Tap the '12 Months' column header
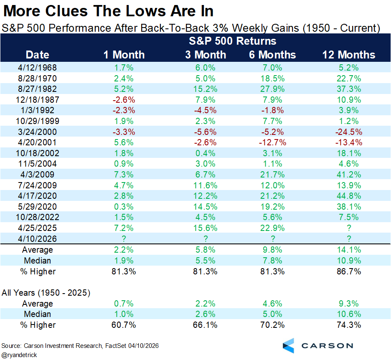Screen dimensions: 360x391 tap(348, 55)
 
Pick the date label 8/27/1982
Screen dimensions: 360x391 tap(38, 89)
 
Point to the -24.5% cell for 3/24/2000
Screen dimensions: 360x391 tap(348, 132)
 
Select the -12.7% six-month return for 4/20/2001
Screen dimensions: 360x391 tap(273, 142)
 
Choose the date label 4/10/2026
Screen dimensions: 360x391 tap(38, 239)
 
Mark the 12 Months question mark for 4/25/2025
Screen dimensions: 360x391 tap(348, 228)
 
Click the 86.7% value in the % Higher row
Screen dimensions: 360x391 tap(348, 271)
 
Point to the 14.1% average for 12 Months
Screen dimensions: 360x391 tap(348, 250)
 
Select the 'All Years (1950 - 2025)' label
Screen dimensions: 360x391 tap(46, 293)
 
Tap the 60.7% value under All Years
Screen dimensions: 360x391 tap(124, 325)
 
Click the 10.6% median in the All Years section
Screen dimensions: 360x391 tap(348, 314)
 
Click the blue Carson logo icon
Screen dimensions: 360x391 tap(288, 346)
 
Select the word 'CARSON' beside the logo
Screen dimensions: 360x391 tap(328, 346)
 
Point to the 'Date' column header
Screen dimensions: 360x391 tap(38, 55)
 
